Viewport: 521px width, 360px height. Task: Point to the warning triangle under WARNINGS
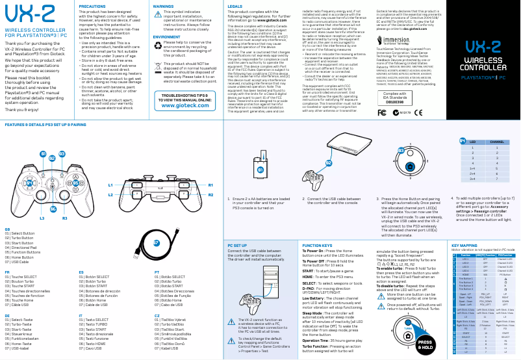tap(157, 16)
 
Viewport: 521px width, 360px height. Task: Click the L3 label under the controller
tap(43, 218)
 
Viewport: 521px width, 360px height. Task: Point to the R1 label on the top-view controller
tap(211, 185)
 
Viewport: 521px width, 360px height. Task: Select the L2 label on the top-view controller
tap(110, 194)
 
